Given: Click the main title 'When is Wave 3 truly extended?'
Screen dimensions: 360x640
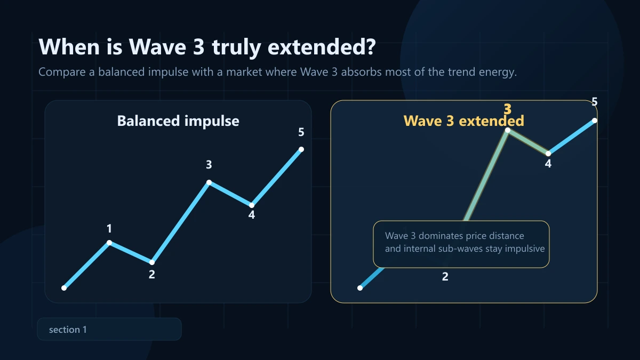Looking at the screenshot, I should coord(207,47).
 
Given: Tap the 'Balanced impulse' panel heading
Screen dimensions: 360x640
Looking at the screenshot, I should coord(178,121).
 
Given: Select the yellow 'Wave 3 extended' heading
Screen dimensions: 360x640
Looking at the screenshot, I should coord(463,121).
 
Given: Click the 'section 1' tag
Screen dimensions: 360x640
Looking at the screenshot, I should coord(68,330).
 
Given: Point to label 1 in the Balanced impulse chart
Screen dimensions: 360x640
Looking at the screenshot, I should coord(109,229).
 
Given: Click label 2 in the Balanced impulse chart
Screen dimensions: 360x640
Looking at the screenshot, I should coord(152,275).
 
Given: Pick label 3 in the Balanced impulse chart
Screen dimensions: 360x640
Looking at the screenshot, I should coord(209,165).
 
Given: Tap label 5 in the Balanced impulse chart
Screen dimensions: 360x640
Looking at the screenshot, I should coord(301,132).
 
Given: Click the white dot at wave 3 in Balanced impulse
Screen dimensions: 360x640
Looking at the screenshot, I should coord(209,182).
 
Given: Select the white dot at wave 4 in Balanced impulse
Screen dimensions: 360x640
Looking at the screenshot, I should coord(252,205).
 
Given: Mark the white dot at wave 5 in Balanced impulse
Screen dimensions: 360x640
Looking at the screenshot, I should coord(301,149).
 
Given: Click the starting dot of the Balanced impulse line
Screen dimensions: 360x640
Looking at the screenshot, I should coord(64,288).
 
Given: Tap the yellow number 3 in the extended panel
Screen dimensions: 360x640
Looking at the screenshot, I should coord(508,109).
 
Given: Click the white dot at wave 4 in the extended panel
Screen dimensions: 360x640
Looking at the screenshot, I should coord(548,154).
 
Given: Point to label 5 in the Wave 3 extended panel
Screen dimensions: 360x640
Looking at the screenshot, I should coord(595,102).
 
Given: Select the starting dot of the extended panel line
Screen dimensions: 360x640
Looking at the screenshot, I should coord(360,288).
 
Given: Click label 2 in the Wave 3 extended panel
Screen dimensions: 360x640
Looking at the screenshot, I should coord(445,277).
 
